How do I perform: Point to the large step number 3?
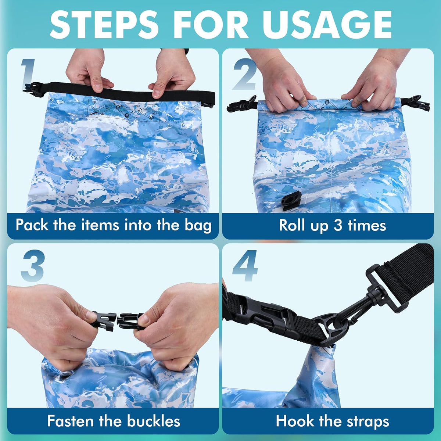33,266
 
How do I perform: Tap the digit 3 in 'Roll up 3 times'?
338,225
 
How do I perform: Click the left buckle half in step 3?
103,321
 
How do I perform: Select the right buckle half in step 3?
131,321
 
